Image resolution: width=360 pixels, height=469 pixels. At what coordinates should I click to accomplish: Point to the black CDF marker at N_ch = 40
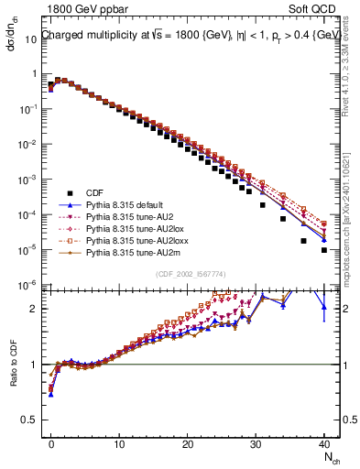pos(324,249)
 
